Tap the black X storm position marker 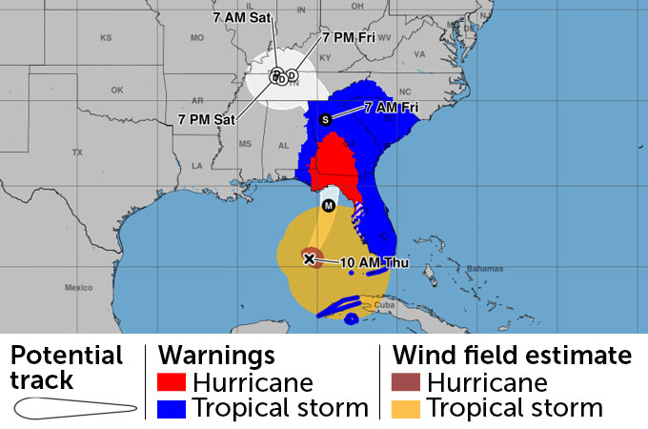coord(309,258)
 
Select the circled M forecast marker coord(329,205)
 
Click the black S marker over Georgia coord(325,119)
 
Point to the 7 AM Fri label coord(392,108)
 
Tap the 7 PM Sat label coord(206,118)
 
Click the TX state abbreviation coord(77,153)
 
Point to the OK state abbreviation coord(117,91)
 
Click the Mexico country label coord(78,287)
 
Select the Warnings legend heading coord(216,356)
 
